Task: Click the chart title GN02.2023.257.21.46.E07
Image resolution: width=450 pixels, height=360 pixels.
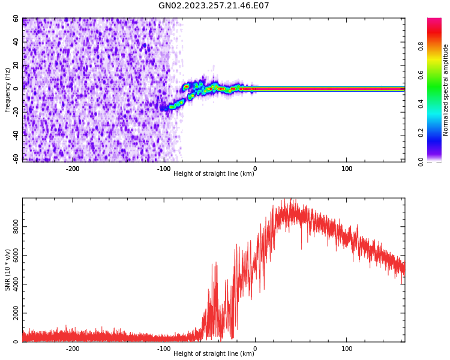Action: (214, 6)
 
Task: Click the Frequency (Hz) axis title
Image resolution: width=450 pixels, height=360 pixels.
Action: (8, 90)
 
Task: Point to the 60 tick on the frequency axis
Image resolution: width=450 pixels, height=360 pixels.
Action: (16, 19)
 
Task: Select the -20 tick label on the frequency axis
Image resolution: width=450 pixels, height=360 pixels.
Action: (16, 112)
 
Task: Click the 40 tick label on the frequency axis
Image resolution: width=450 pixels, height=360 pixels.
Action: (16, 42)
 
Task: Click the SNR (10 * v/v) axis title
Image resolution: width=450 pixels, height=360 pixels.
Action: (8, 270)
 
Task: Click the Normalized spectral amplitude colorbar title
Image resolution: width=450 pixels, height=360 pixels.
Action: (446, 90)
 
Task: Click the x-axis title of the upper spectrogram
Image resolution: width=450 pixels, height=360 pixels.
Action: (214, 173)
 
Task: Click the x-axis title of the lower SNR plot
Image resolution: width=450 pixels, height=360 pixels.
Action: (214, 353)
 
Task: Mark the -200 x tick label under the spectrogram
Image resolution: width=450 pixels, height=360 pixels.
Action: (72, 169)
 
